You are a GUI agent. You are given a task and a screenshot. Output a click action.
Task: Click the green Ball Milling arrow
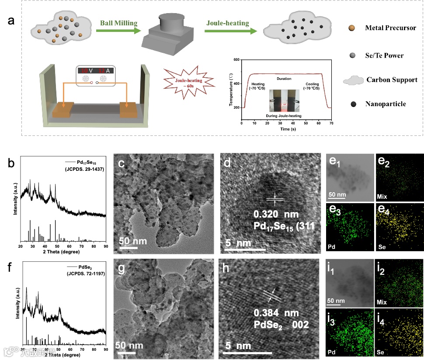tap(118, 31)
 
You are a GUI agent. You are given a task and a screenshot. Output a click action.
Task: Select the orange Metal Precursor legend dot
tap(352, 28)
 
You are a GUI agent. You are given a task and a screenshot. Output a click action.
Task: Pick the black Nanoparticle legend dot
tap(352, 104)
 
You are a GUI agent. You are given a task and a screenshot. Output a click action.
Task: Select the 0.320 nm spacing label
tap(275, 215)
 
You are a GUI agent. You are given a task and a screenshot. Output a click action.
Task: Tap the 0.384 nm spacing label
tap(275, 313)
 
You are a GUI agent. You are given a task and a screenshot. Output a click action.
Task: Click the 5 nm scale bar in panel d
tap(245, 249)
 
